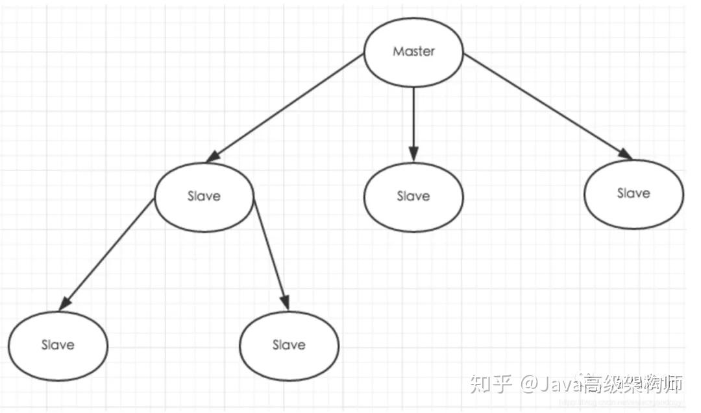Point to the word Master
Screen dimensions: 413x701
(413, 51)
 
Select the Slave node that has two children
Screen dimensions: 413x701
(204, 196)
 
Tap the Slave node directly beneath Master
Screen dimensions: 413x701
(413, 196)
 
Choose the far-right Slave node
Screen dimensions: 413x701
(633, 193)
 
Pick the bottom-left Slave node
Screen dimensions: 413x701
(58, 345)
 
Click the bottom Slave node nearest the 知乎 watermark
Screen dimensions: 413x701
(289, 345)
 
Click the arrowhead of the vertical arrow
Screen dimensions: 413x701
(413, 154)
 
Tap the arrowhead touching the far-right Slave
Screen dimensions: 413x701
(626, 154)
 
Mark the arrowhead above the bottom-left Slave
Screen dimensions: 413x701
(65, 303)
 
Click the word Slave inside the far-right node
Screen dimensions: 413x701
(633, 193)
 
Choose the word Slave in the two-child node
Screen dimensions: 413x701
(204, 196)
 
